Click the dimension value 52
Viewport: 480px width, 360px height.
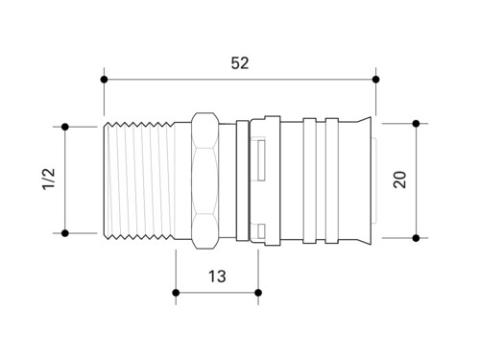240,63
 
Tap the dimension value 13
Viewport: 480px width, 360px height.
217,276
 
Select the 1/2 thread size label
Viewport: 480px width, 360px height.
49,179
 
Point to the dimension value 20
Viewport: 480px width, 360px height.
399,180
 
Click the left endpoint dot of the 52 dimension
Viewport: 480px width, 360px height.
104,80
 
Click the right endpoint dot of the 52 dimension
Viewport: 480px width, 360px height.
376,80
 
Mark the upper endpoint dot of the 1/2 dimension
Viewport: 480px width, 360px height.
65,127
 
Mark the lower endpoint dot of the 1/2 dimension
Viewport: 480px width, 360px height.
65,233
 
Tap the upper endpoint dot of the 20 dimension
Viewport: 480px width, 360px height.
416,124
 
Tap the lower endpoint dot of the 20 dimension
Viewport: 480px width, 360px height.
416,238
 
